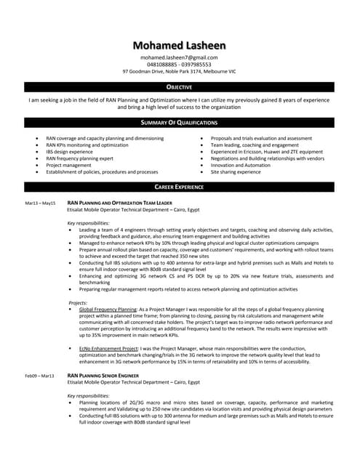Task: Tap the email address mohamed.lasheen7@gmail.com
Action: (179, 57)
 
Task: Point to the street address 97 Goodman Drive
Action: (149, 72)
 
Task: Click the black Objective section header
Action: (180, 87)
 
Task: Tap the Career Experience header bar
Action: (180, 187)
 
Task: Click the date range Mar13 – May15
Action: (40, 203)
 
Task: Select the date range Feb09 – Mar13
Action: (40, 376)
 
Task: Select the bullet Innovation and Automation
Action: (240, 165)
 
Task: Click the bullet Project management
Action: (68, 165)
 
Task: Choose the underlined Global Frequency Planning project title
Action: (107, 309)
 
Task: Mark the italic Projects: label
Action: (78, 302)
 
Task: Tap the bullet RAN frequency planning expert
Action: (80, 158)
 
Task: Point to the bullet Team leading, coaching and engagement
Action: (255, 145)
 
